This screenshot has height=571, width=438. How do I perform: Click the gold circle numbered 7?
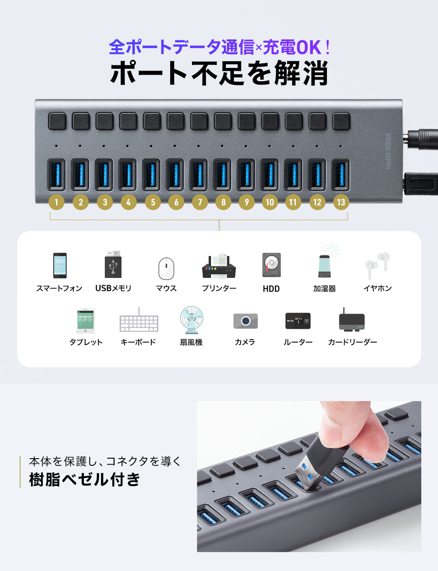point(200,202)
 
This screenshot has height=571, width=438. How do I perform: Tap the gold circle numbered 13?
point(341,202)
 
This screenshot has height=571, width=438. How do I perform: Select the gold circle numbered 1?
point(56,202)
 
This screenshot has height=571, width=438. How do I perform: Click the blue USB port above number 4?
point(128,174)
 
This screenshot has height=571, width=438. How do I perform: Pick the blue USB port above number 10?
point(270,174)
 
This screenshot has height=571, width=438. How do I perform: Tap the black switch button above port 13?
point(341,121)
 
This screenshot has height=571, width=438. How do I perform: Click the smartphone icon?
point(60,265)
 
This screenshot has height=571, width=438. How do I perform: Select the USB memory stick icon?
point(113,265)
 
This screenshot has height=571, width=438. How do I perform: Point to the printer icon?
point(219,267)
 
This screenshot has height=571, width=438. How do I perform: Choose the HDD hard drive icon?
point(271,265)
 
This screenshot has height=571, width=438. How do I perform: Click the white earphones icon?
point(377,265)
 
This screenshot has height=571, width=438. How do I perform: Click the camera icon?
point(245,321)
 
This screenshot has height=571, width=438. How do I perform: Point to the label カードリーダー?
point(352,342)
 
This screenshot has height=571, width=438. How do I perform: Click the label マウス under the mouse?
point(166,288)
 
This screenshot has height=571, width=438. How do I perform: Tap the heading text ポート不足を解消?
point(219,73)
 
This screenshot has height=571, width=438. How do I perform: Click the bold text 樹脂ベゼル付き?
point(85,479)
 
